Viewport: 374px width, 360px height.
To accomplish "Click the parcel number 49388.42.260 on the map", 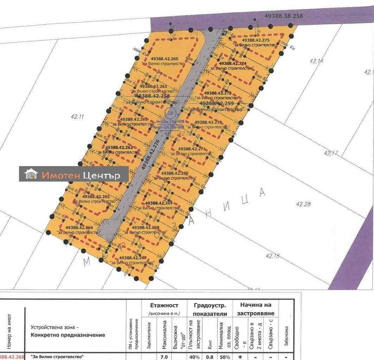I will pos(164,59).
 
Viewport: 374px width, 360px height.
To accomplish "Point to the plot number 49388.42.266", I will pos(79,228).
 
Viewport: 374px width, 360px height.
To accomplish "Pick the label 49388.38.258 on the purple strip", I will pos(284,16).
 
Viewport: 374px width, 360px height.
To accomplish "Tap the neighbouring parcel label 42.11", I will pos(77,117).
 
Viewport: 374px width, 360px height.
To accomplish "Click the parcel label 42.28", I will pos(303,204).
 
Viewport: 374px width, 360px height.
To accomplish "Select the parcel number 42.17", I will pos(331,153).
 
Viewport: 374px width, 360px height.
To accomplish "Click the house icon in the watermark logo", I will pos(31,174).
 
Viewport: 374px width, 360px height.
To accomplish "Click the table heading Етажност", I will pos(164,305).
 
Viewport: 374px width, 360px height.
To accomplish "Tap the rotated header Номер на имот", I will pos(9,330).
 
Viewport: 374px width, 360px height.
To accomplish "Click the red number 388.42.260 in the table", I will pos(12,357).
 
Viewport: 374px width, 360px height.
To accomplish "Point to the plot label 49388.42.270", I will pos(175,173).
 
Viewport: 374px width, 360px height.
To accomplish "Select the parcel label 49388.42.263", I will pos(119,147).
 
